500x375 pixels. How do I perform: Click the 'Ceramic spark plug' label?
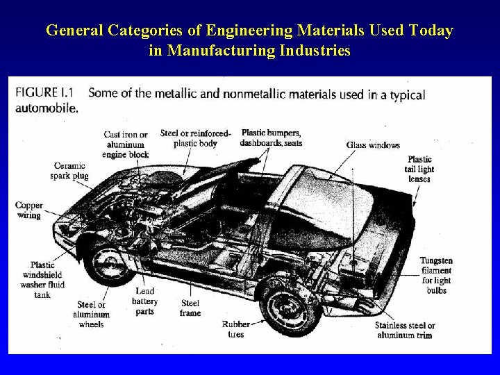point(69,170)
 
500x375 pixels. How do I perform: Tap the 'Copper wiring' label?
point(29,210)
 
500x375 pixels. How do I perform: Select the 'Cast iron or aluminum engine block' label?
point(126,144)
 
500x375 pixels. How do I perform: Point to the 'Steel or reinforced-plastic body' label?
point(195,138)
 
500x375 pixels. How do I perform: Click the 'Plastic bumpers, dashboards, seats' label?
point(271,137)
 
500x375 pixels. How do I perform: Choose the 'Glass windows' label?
point(374,145)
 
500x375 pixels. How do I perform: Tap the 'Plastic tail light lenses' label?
point(419,169)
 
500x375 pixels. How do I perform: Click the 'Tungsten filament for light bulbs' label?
point(436,275)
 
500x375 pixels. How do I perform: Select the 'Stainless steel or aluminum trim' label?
point(405,330)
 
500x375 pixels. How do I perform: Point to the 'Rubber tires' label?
point(236,329)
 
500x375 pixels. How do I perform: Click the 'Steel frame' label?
point(190,308)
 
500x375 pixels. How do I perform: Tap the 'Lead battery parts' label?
point(145,301)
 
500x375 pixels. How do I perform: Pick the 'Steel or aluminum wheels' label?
point(91,315)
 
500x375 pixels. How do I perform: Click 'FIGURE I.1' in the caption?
point(45,93)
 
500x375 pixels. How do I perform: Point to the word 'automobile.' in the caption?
point(47,108)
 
